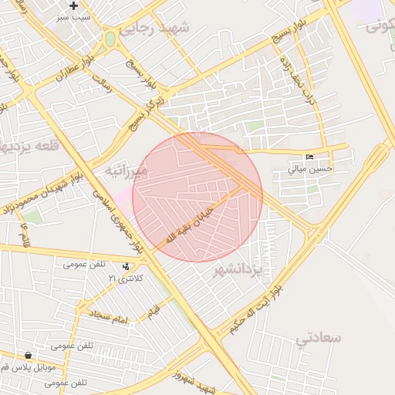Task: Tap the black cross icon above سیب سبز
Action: pos(74,6)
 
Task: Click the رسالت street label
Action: pos(102,83)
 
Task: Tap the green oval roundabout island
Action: pos(110,39)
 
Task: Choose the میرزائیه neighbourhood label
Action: pos(126,170)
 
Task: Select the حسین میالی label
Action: pos(310,167)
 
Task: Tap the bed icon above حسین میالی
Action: pos(310,157)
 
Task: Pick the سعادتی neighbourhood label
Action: pos(318,337)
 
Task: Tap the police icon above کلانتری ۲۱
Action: pos(127,266)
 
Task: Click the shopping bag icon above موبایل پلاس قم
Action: pos(29,356)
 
